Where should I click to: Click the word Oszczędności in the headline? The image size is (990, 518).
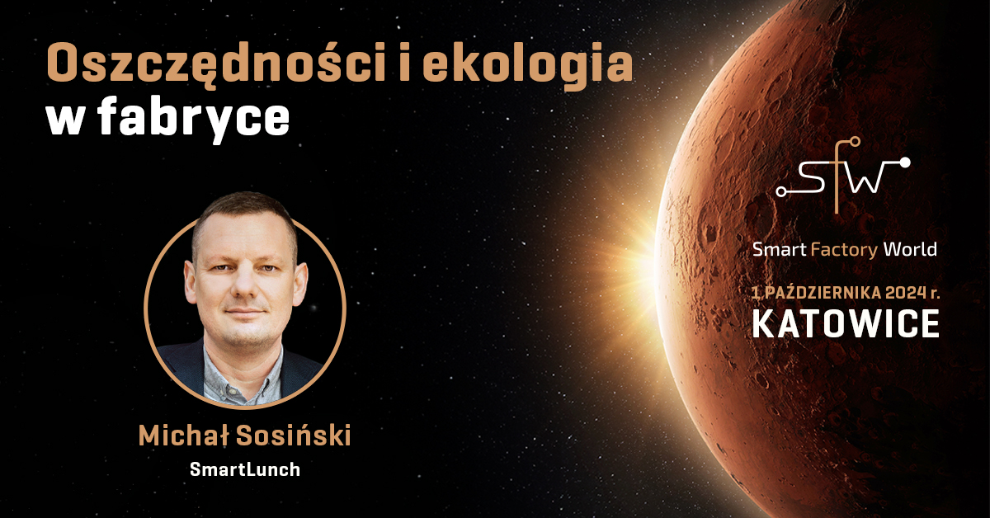[x=216, y=65]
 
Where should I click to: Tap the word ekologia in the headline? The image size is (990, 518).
[x=527, y=64]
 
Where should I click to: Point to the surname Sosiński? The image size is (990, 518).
[x=294, y=435]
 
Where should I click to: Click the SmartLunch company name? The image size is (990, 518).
[x=245, y=469]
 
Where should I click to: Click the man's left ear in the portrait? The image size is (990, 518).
[x=301, y=283]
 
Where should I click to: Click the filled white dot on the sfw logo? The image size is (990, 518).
[x=905, y=162]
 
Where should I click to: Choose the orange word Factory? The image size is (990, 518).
[x=844, y=251]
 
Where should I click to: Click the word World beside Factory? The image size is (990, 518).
[x=910, y=250]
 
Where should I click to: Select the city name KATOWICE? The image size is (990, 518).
[x=846, y=324]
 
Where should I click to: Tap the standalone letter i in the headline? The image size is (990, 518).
[x=404, y=64]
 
